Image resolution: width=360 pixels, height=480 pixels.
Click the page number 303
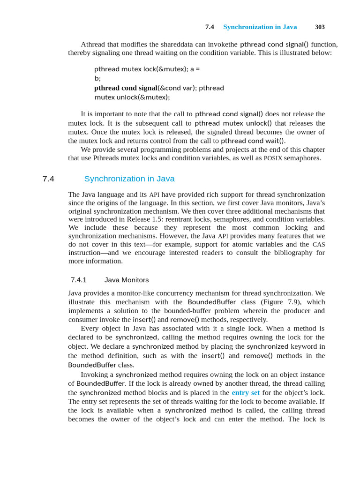pyautogui.click(x=320, y=27)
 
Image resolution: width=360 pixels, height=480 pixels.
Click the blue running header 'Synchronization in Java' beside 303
pyautogui.click(x=260, y=27)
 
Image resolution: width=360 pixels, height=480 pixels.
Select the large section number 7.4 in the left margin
pyautogui.click(x=48, y=179)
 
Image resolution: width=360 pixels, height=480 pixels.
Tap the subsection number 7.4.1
pyautogui.click(x=79, y=280)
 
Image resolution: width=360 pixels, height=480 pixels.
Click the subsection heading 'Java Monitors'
pyautogui.click(x=127, y=280)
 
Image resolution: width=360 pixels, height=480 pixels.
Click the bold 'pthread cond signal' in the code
pyautogui.click(x=126, y=88)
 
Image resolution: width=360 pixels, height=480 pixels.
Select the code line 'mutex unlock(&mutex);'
pyautogui.click(x=132, y=97)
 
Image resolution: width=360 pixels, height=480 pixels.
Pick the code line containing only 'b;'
pyautogui.click(x=97, y=78)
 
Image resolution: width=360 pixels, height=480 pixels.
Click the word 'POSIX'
pyautogui.click(x=273, y=158)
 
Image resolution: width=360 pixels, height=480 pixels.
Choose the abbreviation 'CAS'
pyautogui.click(x=319, y=244)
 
